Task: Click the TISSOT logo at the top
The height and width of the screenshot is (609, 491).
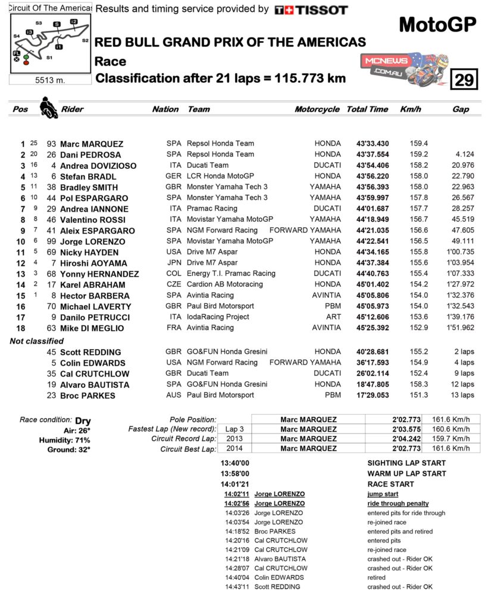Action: (311, 10)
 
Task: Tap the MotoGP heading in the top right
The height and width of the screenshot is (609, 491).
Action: (437, 24)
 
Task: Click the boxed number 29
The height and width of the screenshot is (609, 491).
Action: (464, 79)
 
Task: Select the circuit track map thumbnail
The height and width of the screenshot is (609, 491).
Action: (51, 43)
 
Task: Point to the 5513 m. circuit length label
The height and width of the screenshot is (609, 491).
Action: (51, 81)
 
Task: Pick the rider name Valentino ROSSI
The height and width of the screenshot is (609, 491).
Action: (92, 220)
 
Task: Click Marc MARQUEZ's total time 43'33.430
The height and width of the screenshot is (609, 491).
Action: (372, 144)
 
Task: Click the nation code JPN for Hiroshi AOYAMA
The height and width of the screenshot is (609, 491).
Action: (174, 263)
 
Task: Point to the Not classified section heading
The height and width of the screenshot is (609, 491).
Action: (36, 341)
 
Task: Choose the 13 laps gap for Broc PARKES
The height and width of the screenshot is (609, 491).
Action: (462, 395)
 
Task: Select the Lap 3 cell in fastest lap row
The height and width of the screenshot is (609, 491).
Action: (234, 429)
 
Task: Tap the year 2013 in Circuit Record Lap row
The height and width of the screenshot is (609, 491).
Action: (234, 439)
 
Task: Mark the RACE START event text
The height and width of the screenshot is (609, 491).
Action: (391, 484)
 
